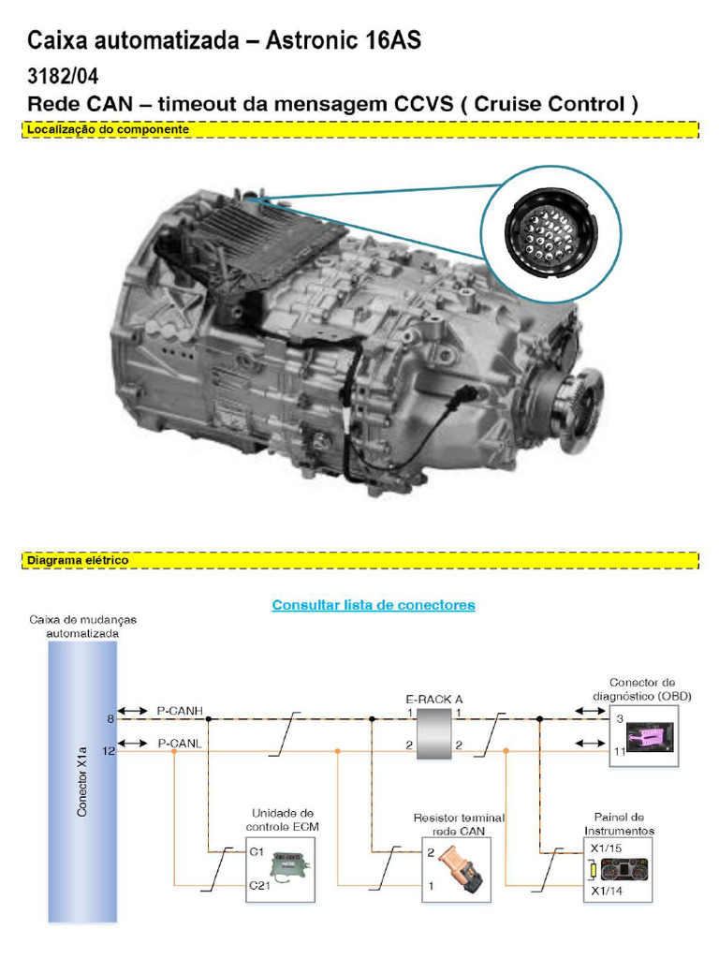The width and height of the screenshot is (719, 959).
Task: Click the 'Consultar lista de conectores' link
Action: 374,605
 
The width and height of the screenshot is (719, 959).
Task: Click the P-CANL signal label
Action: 179,743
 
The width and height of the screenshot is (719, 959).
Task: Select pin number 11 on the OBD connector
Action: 620,751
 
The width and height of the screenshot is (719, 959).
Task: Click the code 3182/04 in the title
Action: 63,75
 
